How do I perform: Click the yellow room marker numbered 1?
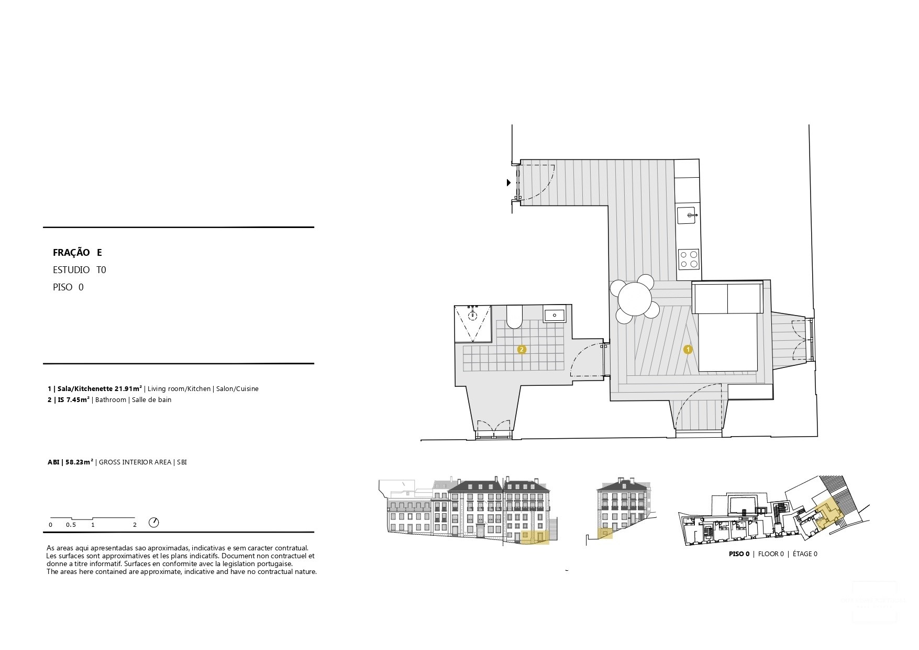tap(688, 349)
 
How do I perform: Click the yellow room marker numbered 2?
tap(521, 349)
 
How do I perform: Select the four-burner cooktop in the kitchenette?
tap(688, 258)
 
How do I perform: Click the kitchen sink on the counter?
tap(687, 215)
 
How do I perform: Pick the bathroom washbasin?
tap(553, 315)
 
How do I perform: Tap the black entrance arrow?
tap(508, 183)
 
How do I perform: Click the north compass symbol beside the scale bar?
tap(153, 523)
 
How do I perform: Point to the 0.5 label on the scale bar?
tap(71, 525)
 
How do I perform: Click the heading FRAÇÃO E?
tap(77, 253)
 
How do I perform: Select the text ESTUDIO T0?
tap(79, 270)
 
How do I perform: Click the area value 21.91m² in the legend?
tap(128, 389)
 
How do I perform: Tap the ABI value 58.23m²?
tap(79, 462)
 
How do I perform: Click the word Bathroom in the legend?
tap(110, 400)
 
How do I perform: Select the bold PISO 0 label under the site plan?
tap(739, 554)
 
